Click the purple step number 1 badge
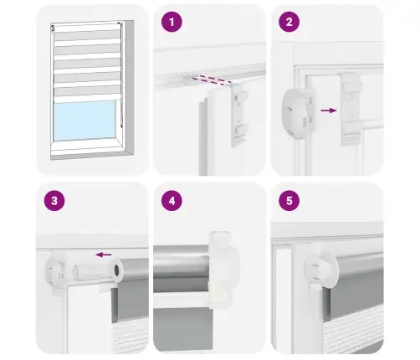point(172,22)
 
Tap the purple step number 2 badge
point(289,22)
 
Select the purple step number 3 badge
point(54,200)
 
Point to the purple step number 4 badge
point(172,200)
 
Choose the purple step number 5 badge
point(289,200)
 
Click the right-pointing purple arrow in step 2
point(329,111)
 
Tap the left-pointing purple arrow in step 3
point(103,255)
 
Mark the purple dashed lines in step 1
point(212,80)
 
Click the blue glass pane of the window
point(85,121)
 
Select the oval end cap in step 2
point(297,113)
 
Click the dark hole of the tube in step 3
point(117,270)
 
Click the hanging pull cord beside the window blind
point(121,75)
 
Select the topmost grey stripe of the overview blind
point(87,35)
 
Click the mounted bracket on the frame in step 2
point(351,109)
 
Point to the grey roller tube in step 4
point(181,262)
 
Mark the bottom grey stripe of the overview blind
point(88,91)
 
